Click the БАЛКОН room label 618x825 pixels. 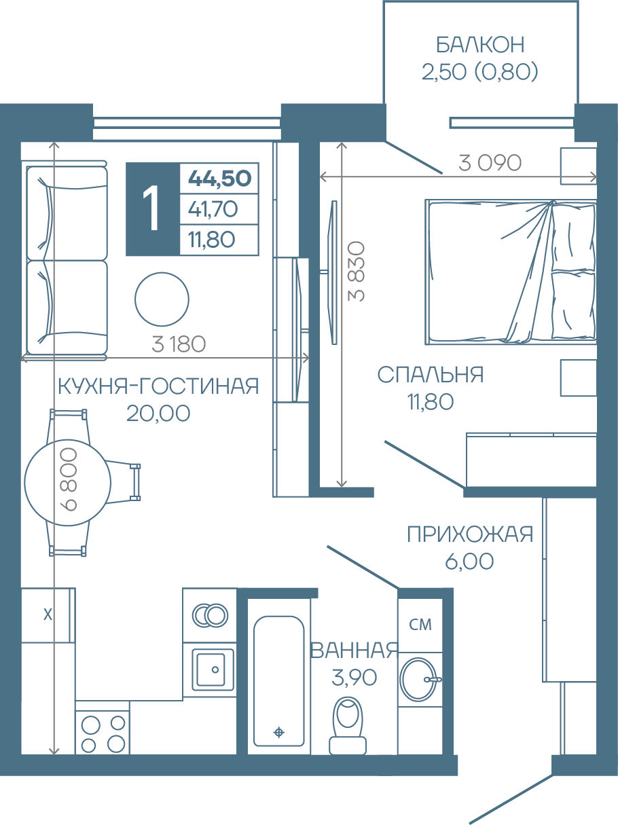pyautogui.click(x=480, y=45)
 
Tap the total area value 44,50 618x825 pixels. pyautogui.click(x=219, y=178)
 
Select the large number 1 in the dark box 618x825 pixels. pyautogui.click(x=153, y=209)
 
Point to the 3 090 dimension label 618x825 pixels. pyautogui.click(x=490, y=163)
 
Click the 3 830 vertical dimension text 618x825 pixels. pyautogui.click(x=357, y=271)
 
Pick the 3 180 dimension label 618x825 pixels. pyautogui.click(x=179, y=344)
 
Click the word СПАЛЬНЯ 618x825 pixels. pyautogui.click(x=431, y=375)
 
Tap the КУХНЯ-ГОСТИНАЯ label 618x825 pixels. pyautogui.click(x=159, y=386)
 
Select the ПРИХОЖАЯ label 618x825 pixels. pyautogui.click(x=470, y=534)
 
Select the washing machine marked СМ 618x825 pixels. pyautogui.click(x=420, y=625)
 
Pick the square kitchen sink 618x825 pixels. pyautogui.click(x=213, y=670)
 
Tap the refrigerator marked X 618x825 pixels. pyautogui.click(x=48, y=615)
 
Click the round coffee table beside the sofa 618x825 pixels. pyautogui.click(x=162, y=299)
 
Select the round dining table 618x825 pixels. pyautogui.click(x=68, y=483)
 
